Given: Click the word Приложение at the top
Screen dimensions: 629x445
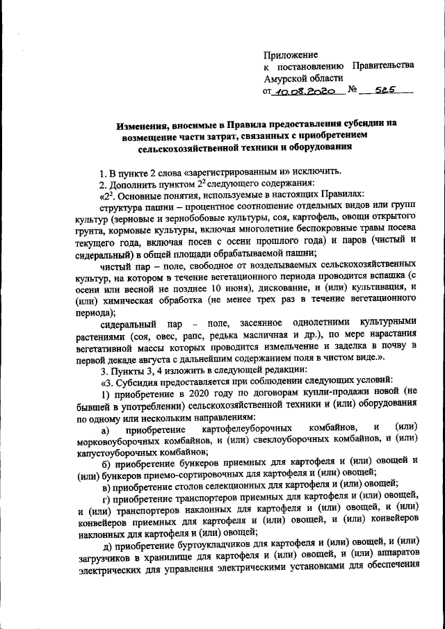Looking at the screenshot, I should (291, 54).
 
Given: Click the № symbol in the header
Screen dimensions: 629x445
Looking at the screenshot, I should (353, 90).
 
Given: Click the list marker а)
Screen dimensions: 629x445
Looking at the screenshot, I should (106, 426).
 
